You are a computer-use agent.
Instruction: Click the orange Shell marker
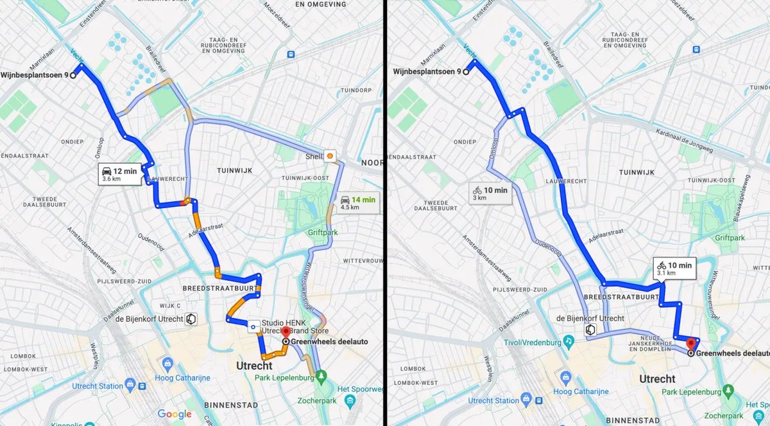(x=330, y=155)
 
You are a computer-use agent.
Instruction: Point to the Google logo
(x=175, y=414)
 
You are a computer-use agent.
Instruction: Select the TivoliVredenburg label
(x=534, y=341)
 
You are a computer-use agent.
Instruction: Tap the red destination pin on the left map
(x=286, y=333)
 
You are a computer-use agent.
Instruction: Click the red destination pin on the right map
(x=691, y=342)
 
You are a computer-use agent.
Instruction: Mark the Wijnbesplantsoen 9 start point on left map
(x=73, y=75)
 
